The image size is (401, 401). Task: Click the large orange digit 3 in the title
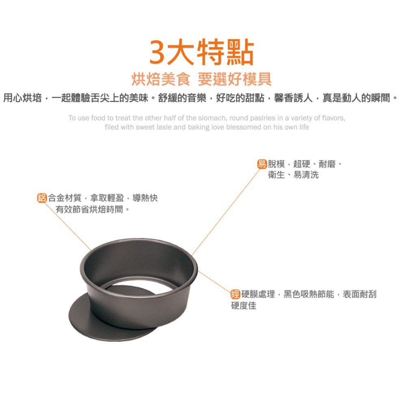pos(157,52)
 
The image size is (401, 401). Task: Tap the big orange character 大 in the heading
pos(181,52)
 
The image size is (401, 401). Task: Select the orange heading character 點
pos(240,52)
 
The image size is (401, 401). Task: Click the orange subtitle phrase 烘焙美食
pos(161,79)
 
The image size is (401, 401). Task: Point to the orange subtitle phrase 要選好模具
pos(235,79)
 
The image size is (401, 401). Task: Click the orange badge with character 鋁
pos(42,198)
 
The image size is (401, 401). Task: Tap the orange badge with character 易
pos(262,164)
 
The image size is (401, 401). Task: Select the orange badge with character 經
pos(235,294)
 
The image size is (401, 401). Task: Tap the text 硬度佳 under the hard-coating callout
pos(244,305)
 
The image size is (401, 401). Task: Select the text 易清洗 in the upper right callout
pos(306,175)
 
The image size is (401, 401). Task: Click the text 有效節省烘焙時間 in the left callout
pos(90,209)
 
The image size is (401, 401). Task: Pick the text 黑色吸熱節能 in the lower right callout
pos(309,294)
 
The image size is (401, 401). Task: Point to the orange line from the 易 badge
pos(226,212)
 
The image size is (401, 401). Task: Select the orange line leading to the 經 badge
pos(215,282)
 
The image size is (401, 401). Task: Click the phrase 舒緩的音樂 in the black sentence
pos(182,98)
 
